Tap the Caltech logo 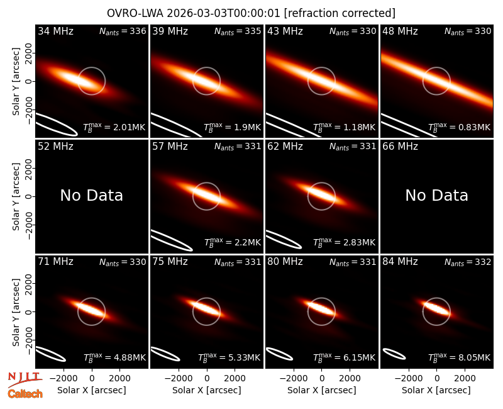click(x=25, y=394)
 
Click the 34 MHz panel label click(x=55, y=31)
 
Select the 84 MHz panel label click(x=400, y=262)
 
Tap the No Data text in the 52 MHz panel click(x=91, y=195)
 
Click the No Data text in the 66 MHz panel click(x=436, y=195)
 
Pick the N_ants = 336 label click(x=123, y=31)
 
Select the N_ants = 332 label click(x=468, y=262)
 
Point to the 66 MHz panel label click(x=400, y=147)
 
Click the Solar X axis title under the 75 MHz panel click(x=207, y=390)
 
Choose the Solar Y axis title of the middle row click(x=16, y=196)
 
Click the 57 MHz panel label click(x=170, y=147)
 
